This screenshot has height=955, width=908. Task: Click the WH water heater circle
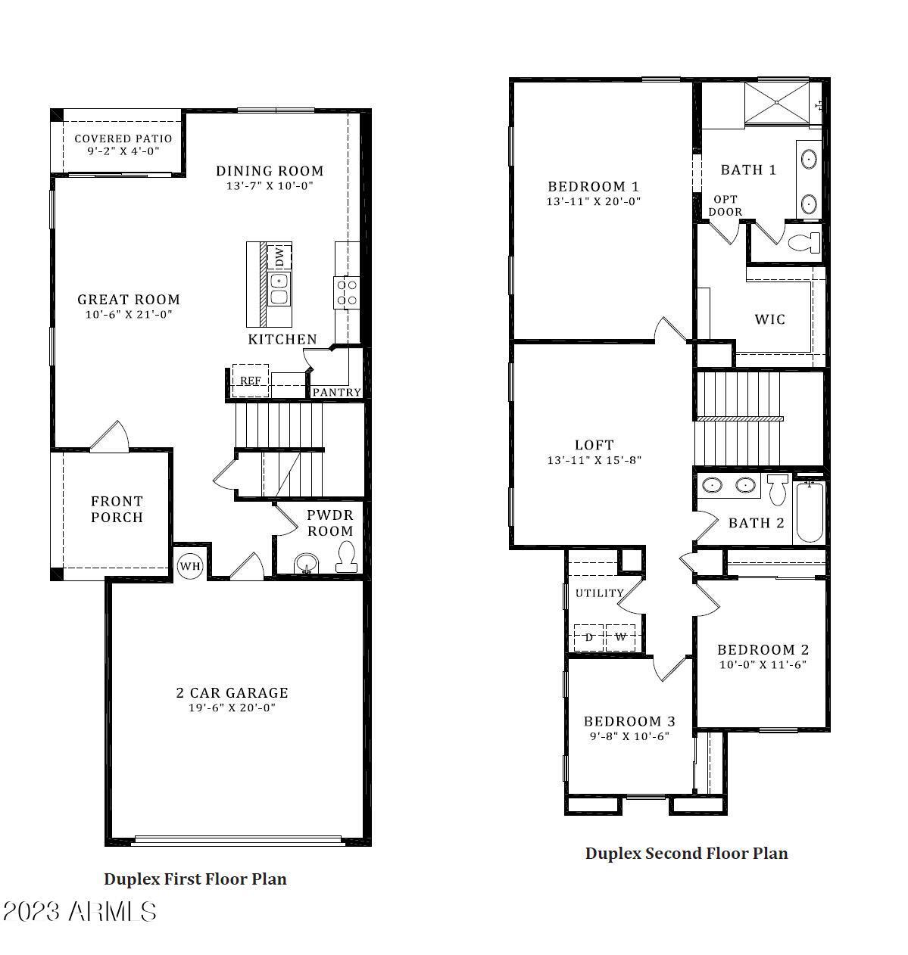189,566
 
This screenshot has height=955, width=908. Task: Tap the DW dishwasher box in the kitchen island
279,257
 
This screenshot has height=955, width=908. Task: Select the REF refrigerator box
250,381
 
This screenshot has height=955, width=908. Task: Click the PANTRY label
336,392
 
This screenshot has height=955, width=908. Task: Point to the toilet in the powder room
346,558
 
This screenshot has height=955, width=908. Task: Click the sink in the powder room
307,564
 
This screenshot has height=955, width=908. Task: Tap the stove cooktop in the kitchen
347,293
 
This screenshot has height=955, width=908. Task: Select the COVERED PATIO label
123,138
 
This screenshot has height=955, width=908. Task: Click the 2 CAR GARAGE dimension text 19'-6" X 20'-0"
232,708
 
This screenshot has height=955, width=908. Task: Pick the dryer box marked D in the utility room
588,637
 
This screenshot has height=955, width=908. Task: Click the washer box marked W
621,637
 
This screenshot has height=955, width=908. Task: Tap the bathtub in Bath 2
809,512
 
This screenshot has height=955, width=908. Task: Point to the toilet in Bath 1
803,243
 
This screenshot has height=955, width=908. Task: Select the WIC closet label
769,319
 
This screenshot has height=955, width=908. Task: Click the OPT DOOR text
725,206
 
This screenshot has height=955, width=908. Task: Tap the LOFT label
594,445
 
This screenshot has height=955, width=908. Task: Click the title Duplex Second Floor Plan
686,854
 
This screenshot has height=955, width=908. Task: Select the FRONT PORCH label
117,509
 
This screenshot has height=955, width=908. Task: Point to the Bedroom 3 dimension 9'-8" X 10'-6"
629,736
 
